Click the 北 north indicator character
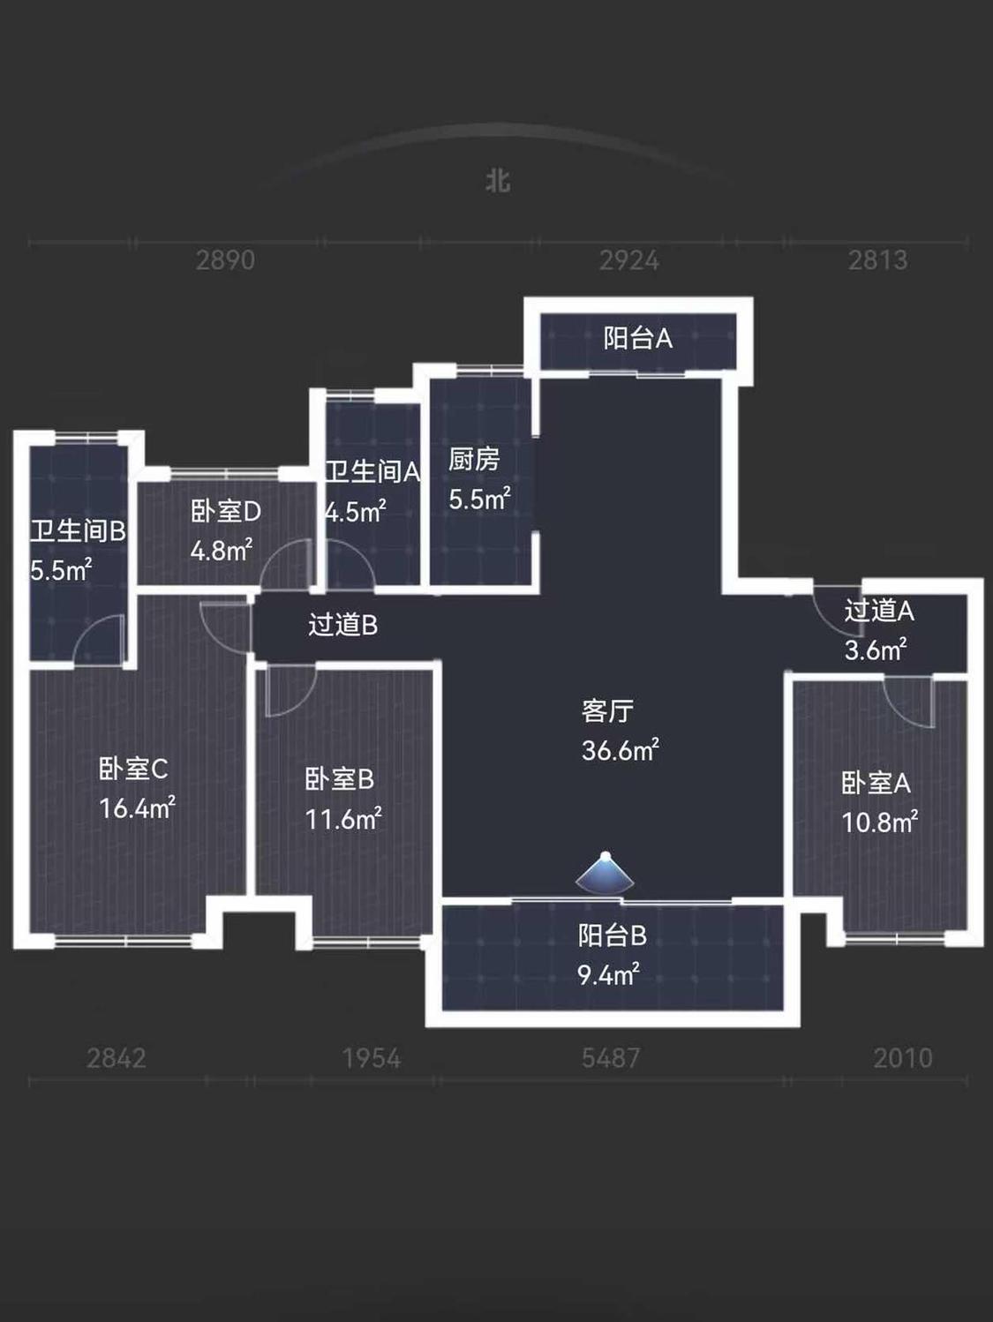(498, 181)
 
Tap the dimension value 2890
(225, 260)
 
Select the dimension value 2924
(629, 260)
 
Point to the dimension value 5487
(611, 1058)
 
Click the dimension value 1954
(372, 1058)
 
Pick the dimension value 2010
(903, 1058)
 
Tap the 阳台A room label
(637, 339)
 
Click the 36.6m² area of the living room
(621, 750)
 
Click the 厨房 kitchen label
(474, 460)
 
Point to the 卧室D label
(226, 512)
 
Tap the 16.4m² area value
(138, 807)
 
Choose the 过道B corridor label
(342, 625)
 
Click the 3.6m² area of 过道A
(876, 650)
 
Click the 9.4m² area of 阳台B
(609, 974)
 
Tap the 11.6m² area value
(343, 819)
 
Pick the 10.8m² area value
(880, 822)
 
